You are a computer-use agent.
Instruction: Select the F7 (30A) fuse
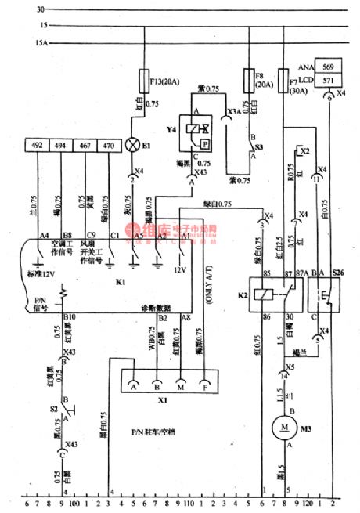coord(283,80)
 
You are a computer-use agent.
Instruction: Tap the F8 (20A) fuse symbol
coord(248,78)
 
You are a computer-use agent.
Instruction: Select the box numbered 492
coord(37,145)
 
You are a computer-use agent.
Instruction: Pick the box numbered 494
coord(60,145)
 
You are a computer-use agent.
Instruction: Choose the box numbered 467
coord(84,145)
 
